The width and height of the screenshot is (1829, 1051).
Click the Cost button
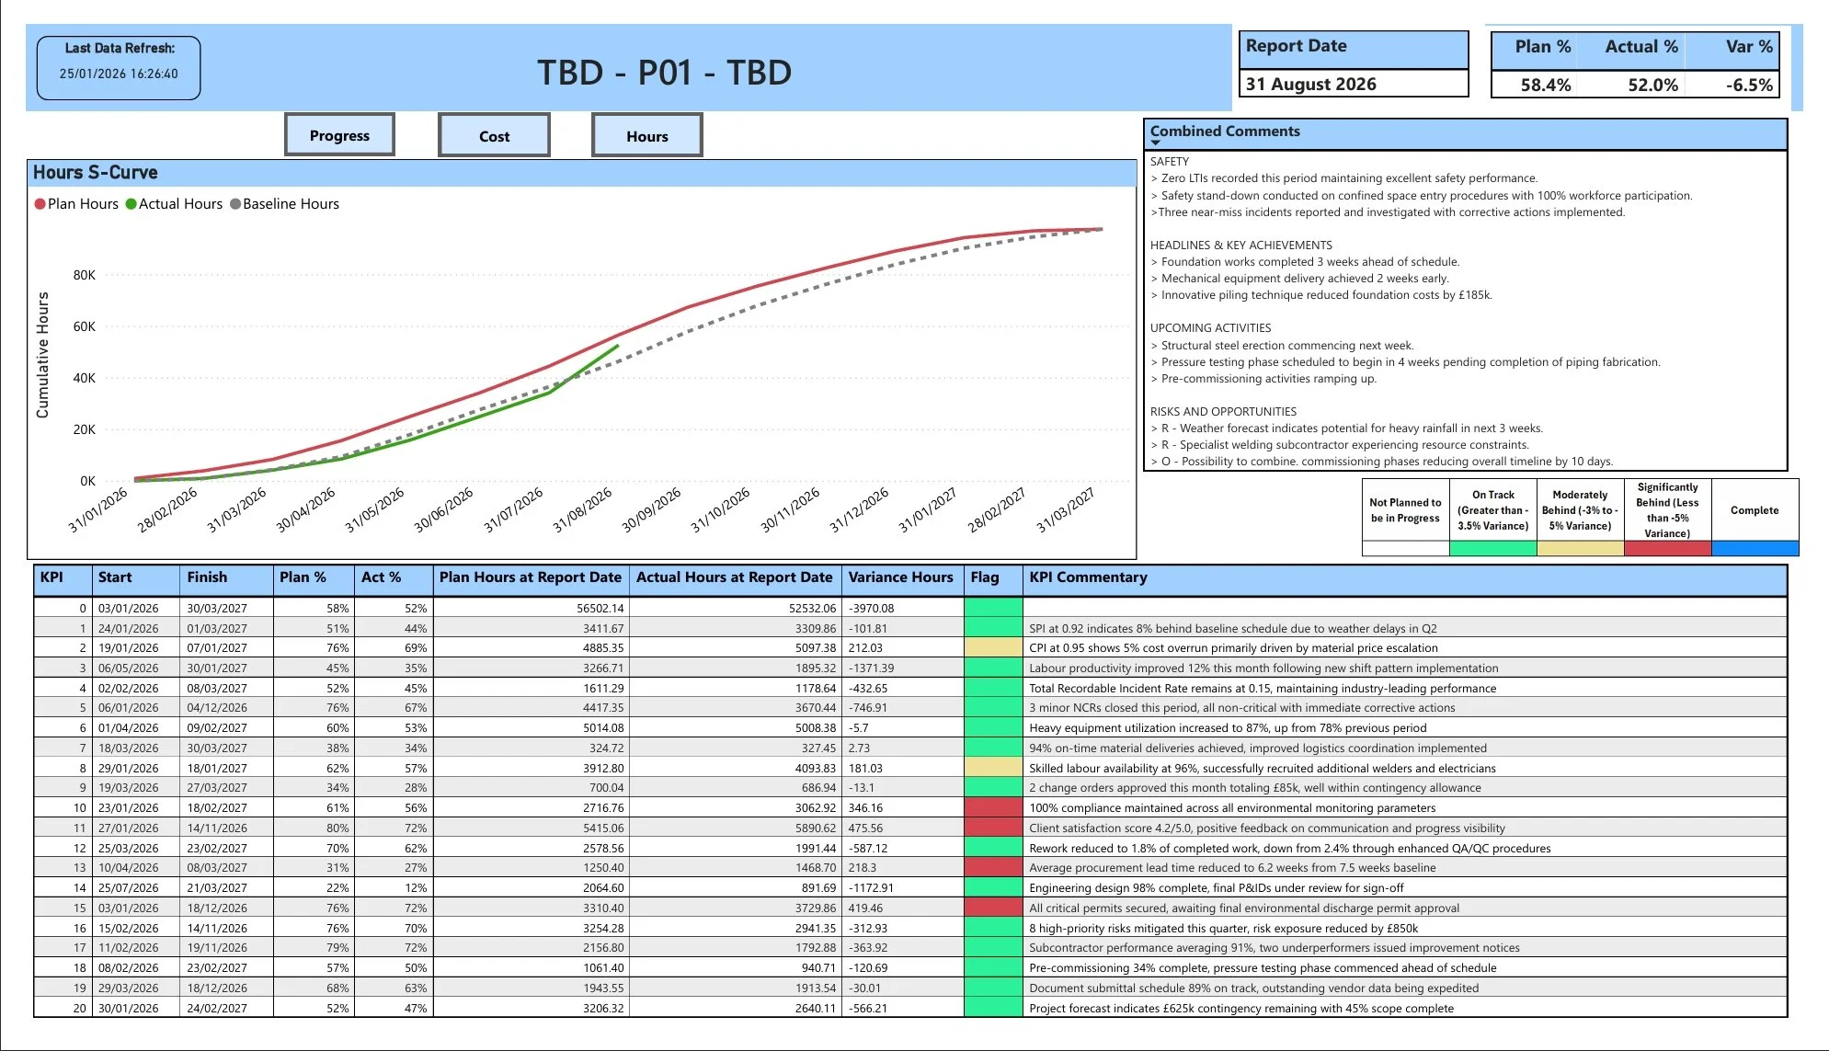[x=494, y=136]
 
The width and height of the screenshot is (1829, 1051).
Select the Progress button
[x=339, y=136]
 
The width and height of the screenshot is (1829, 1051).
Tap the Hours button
[x=646, y=136]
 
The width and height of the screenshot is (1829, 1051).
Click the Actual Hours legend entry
[x=179, y=204]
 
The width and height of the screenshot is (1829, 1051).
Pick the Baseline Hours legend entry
[x=290, y=204]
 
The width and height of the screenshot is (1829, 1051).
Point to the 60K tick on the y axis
[x=85, y=326]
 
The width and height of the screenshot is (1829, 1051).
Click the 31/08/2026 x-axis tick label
[x=583, y=509]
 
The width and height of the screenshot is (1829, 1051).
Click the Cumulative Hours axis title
[x=42, y=355]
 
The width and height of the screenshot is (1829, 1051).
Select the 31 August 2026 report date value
[x=1310, y=84]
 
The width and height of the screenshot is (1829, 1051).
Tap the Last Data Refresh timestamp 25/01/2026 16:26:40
[x=119, y=74]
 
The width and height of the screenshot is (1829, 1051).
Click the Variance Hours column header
[x=900, y=577]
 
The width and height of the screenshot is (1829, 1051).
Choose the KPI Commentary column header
[x=1088, y=577]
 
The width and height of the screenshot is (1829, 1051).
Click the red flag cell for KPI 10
[x=993, y=808]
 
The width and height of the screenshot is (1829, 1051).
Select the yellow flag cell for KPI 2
[x=993, y=648]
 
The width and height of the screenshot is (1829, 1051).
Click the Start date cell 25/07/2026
[x=129, y=888]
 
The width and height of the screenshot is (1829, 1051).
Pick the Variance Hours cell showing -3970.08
[x=871, y=609]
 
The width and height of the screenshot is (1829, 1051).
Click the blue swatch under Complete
[x=1755, y=549]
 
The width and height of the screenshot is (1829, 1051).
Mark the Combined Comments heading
[x=1225, y=131]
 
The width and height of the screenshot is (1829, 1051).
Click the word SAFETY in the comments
[x=1170, y=161]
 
